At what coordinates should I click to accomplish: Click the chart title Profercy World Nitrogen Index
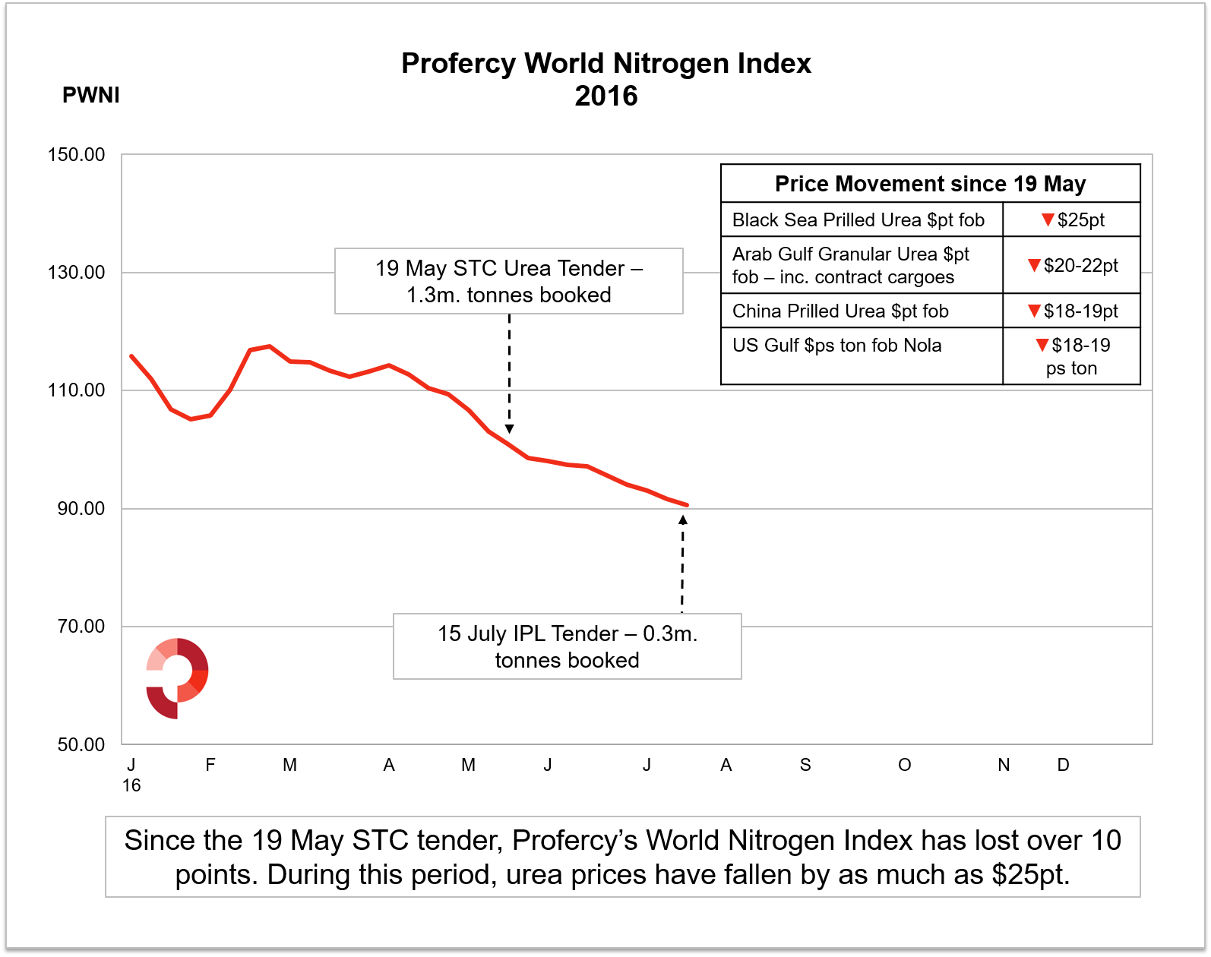[605, 64]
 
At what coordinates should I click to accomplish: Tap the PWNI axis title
[91, 95]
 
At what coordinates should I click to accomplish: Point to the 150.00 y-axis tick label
[76, 155]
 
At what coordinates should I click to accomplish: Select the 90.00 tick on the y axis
[81, 509]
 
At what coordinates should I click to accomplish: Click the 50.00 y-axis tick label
[81, 744]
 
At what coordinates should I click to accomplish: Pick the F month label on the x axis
[210, 765]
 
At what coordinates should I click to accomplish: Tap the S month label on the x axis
[805, 765]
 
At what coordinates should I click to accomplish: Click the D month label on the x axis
[1063, 765]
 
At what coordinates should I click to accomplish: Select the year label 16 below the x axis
[131, 785]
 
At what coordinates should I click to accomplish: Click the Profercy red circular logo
[177, 678]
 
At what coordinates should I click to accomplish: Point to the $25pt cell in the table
[1072, 220]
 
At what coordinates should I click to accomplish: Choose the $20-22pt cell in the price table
[1072, 265]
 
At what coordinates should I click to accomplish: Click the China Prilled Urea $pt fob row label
[840, 311]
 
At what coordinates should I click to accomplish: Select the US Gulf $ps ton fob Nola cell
[836, 346]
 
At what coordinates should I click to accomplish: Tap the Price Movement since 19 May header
[930, 184]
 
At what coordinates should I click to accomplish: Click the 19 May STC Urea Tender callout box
[509, 281]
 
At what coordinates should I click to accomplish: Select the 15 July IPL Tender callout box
[568, 646]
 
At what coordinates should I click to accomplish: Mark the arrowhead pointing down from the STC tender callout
[509, 429]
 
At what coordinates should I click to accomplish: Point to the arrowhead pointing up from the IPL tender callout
[683, 520]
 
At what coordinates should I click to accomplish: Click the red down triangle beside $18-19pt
[1033, 311]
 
